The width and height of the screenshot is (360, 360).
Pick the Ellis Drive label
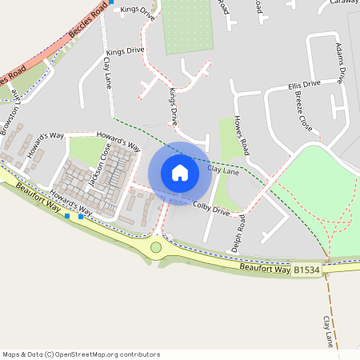tap(304, 84)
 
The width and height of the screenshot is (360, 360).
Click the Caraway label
tap(343, 3)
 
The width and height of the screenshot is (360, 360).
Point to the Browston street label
tap(10, 120)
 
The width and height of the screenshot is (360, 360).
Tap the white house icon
tap(180, 173)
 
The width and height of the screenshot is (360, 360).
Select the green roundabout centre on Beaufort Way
tap(156, 246)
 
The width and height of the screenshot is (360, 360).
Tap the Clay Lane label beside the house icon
tap(223, 170)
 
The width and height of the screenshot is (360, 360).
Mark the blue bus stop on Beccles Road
tap(112, 2)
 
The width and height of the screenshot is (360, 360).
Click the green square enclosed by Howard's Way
tap(86, 150)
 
